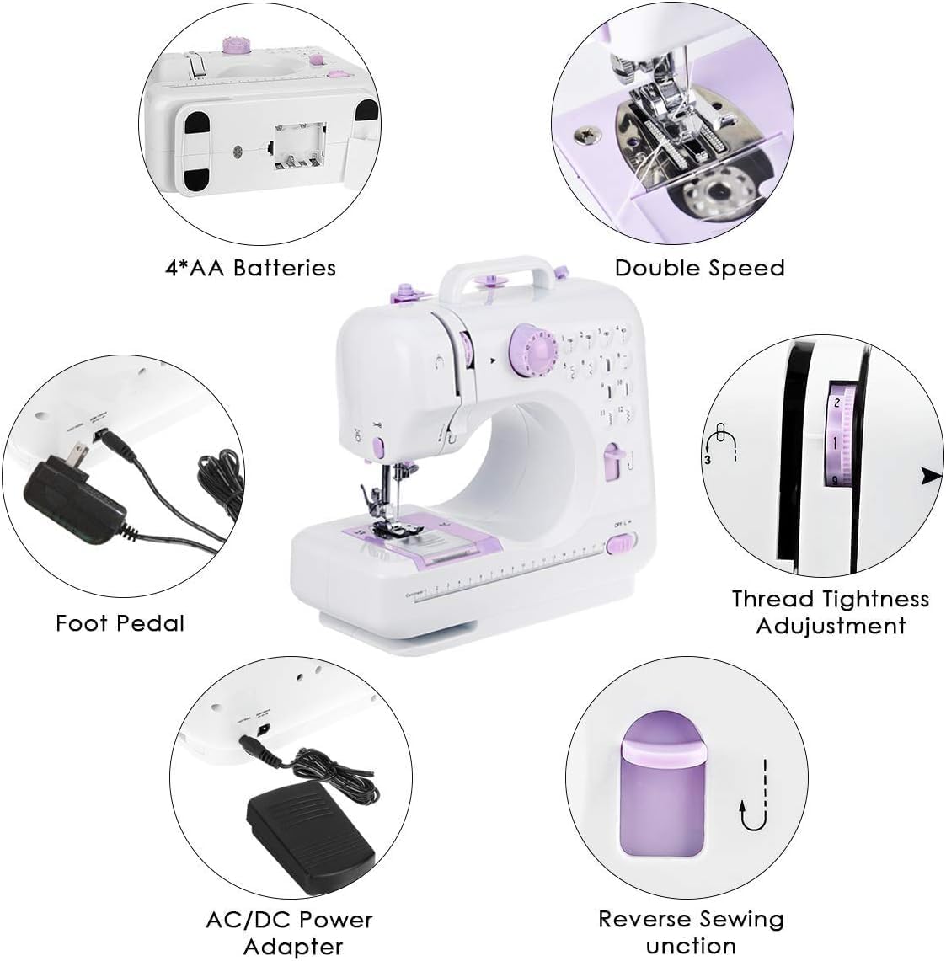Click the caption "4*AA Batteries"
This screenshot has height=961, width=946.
(x=250, y=268)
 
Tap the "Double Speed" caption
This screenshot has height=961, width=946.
(x=699, y=268)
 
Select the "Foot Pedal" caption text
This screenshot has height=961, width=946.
(x=120, y=623)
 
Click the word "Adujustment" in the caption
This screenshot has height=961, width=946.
(x=831, y=626)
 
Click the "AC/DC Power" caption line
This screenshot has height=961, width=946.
(x=289, y=920)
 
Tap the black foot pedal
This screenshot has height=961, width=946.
(x=310, y=836)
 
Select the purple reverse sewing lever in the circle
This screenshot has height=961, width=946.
(x=662, y=786)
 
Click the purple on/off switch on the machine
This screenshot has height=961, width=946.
(x=621, y=543)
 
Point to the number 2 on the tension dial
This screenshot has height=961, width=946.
(x=836, y=403)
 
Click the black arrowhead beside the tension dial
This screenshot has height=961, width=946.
(x=932, y=476)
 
